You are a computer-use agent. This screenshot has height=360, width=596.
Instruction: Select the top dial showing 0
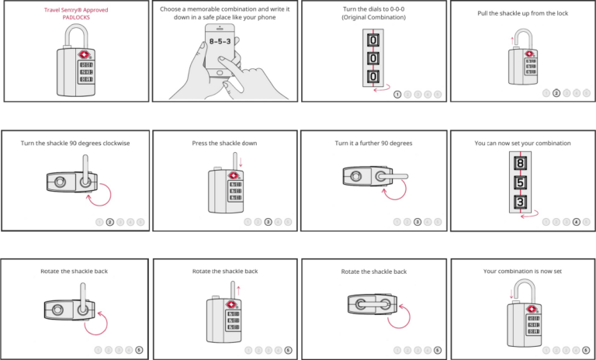[x=372, y=40]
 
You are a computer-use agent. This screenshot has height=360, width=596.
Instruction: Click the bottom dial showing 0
[x=372, y=76]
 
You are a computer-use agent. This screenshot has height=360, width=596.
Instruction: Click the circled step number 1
[x=397, y=94]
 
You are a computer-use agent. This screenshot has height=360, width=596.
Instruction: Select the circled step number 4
[x=576, y=222]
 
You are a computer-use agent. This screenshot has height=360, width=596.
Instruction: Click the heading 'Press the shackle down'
[x=224, y=143]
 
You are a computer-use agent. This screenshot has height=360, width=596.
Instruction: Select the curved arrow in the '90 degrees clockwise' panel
[x=99, y=194]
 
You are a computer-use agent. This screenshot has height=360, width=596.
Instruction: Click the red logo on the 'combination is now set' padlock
[x=533, y=308]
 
